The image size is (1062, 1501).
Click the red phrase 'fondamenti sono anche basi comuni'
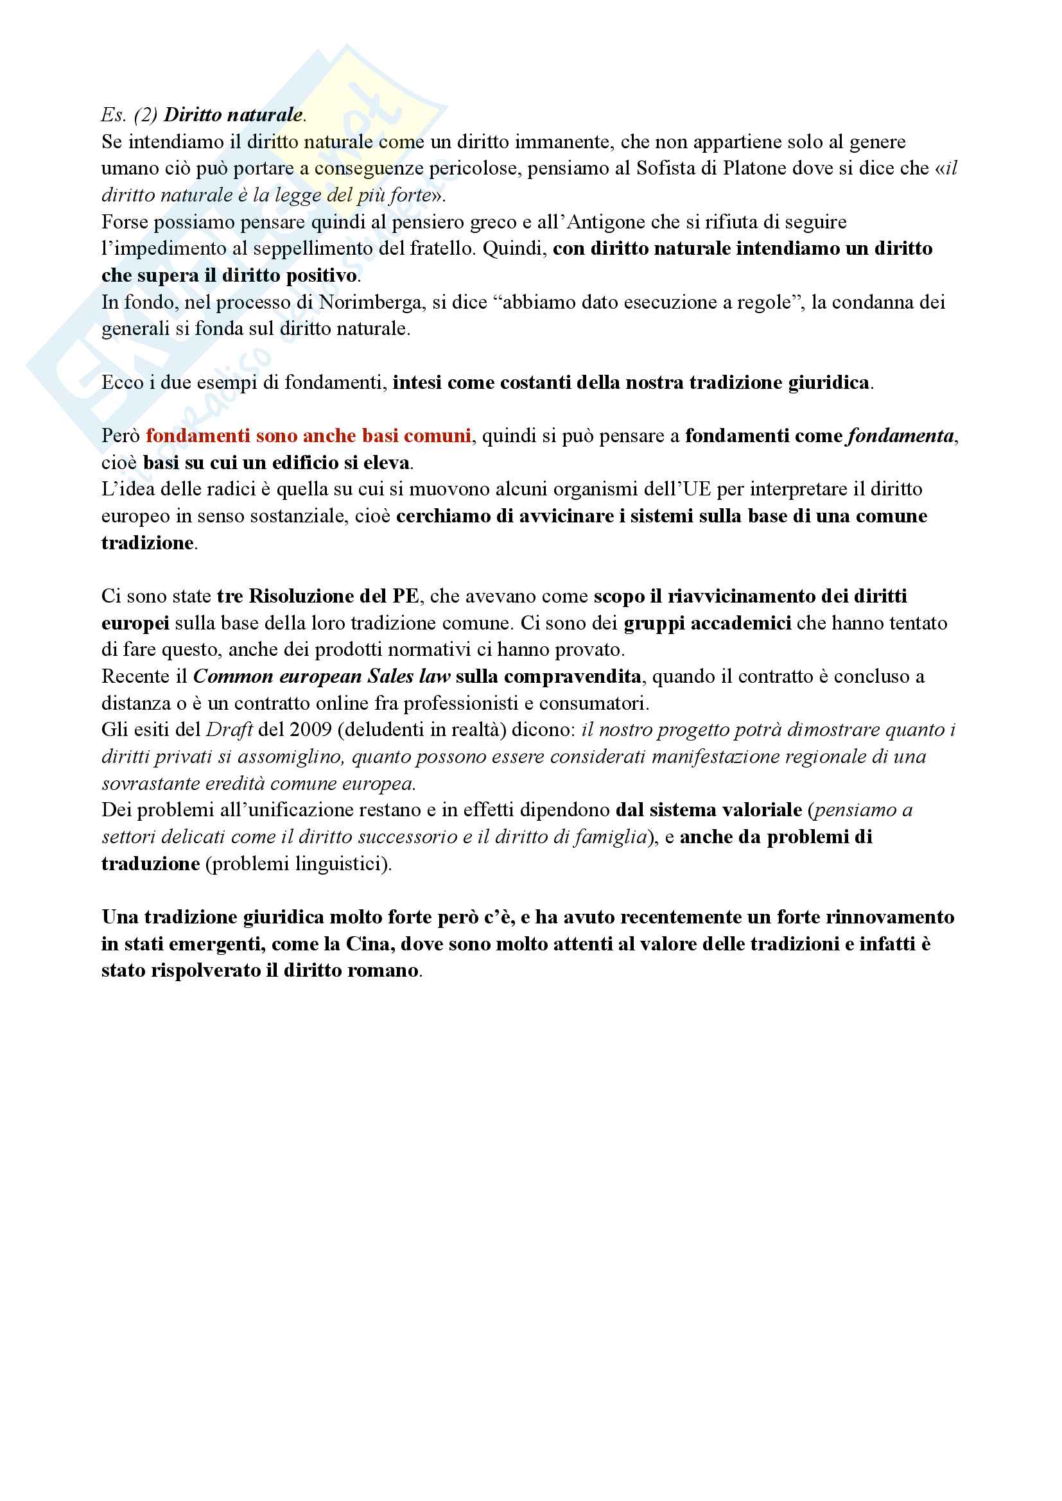tap(308, 436)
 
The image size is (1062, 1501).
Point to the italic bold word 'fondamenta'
tap(900, 436)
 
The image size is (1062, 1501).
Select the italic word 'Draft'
tap(229, 730)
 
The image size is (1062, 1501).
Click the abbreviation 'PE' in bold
tap(405, 596)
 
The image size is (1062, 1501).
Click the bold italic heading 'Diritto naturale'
tap(233, 115)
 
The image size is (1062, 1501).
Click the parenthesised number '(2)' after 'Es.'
tap(145, 115)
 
